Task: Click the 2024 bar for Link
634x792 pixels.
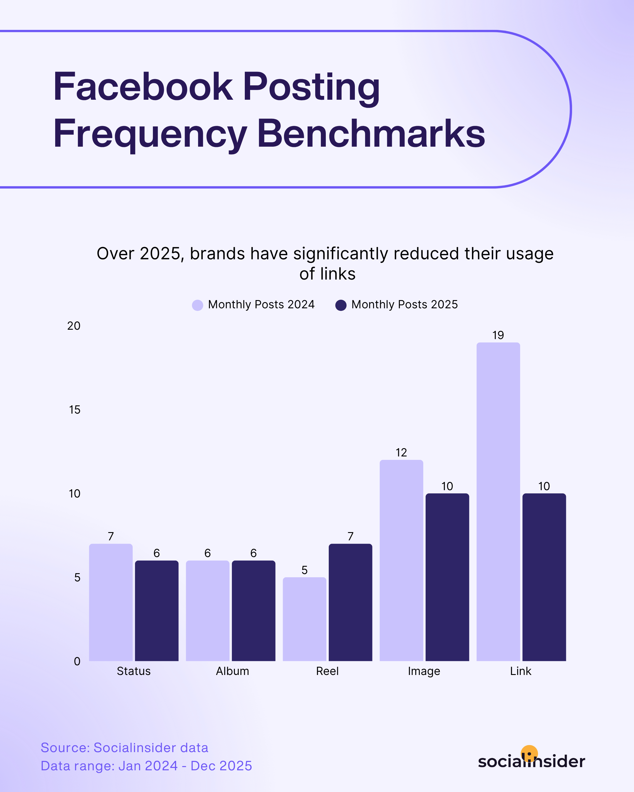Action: point(498,501)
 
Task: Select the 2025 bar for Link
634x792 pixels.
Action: point(544,577)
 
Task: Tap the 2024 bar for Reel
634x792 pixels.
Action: point(304,619)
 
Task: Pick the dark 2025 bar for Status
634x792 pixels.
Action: point(156,610)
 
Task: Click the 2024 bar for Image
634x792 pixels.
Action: point(401,560)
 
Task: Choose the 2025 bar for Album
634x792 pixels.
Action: point(253,610)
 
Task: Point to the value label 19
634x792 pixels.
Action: point(498,335)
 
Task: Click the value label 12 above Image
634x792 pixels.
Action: point(401,452)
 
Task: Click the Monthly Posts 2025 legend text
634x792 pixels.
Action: point(404,304)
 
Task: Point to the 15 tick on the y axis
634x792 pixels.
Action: point(75,409)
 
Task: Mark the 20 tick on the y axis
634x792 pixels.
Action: point(74,326)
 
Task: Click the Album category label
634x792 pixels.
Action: point(232,671)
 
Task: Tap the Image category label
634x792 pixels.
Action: point(424,671)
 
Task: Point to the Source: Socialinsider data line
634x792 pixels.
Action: point(124,747)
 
